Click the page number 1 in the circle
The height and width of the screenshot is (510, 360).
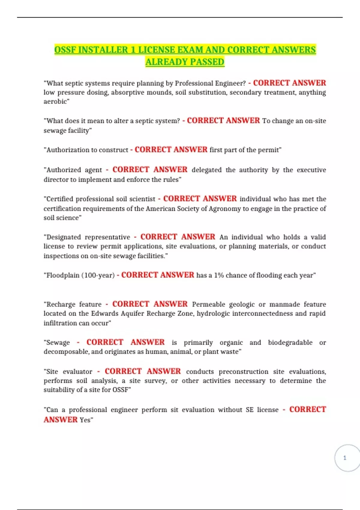click(x=345, y=458)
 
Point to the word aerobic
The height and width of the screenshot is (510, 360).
click(x=56, y=101)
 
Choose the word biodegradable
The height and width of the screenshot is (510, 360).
click(x=290, y=342)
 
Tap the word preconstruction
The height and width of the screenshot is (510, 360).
click(x=243, y=371)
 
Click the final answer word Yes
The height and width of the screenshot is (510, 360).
click(x=85, y=420)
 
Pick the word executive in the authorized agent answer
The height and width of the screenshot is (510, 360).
click(x=311, y=170)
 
